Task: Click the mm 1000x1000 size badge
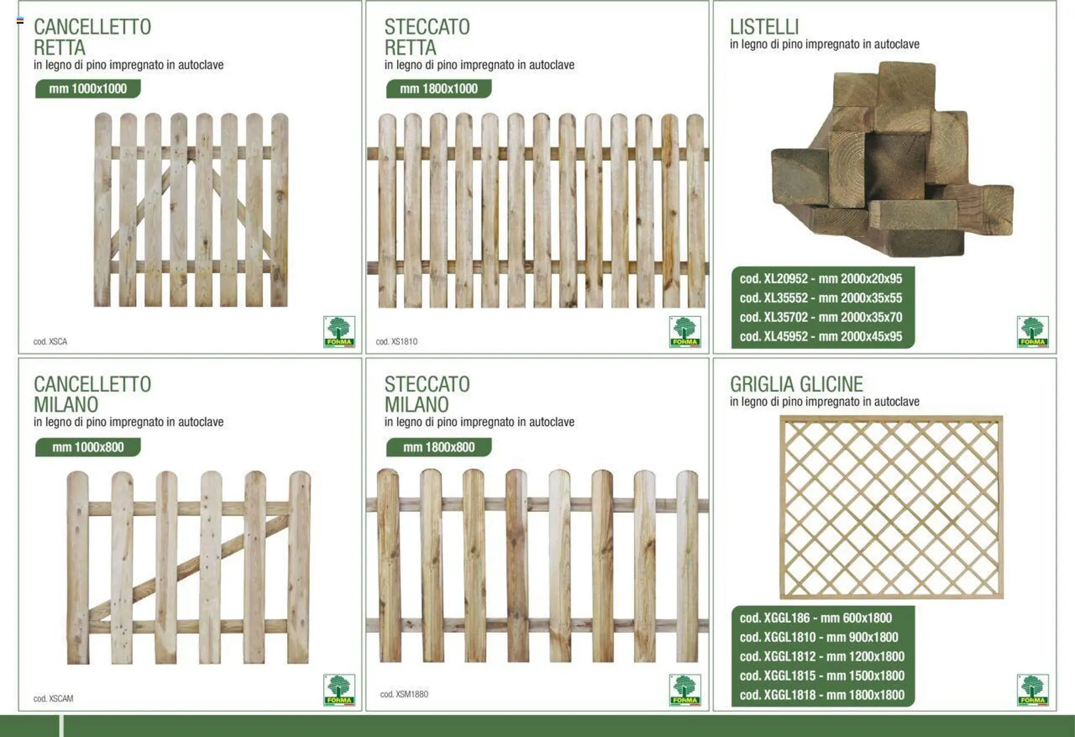[88, 88]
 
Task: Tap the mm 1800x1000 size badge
[438, 88]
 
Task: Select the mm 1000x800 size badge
[88, 447]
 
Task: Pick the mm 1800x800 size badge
[438, 447]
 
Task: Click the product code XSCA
[50, 342]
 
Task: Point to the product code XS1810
[396, 342]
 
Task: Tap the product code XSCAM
[53, 699]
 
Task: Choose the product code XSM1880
[404, 694]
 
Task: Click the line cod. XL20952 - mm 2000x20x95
[821, 279]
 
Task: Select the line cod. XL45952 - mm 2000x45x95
[821, 337]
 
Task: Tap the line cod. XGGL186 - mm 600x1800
[816, 618]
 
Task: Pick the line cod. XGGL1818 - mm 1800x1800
[822, 695]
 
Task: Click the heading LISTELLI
[764, 27]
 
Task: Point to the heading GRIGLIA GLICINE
[796, 384]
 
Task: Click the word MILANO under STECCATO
[417, 404]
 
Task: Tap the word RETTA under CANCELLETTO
[59, 48]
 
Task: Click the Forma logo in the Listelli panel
[1032, 332]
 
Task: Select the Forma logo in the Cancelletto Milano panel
[339, 690]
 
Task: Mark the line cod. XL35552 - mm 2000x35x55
[821, 298]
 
